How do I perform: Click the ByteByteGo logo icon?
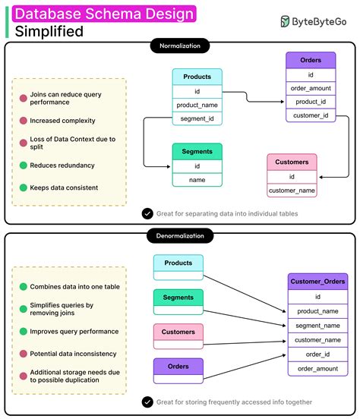coord(284,22)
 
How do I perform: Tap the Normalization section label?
coord(180,46)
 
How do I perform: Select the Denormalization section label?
coord(180,236)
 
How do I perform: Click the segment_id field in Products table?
coord(197,119)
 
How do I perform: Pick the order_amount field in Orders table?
coord(311,88)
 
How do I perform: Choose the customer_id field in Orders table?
coord(311,115)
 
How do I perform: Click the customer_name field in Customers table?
coord(292,190)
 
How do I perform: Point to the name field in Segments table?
coord(197,179)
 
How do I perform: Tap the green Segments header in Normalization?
coord(197,151)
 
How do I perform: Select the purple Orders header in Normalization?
coord(311,60)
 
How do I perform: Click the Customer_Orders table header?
coord(317,282)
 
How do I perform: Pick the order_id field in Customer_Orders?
coord(317,354)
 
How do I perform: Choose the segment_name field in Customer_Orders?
coord(317,326)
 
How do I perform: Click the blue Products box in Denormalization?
coord(178,263)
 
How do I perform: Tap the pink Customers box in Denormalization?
coord(178,332)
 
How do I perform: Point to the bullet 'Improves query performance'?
coord(74,331)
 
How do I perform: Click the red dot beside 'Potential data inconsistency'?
coord(23,354)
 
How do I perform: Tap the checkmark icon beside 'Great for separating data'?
coord(147,214)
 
